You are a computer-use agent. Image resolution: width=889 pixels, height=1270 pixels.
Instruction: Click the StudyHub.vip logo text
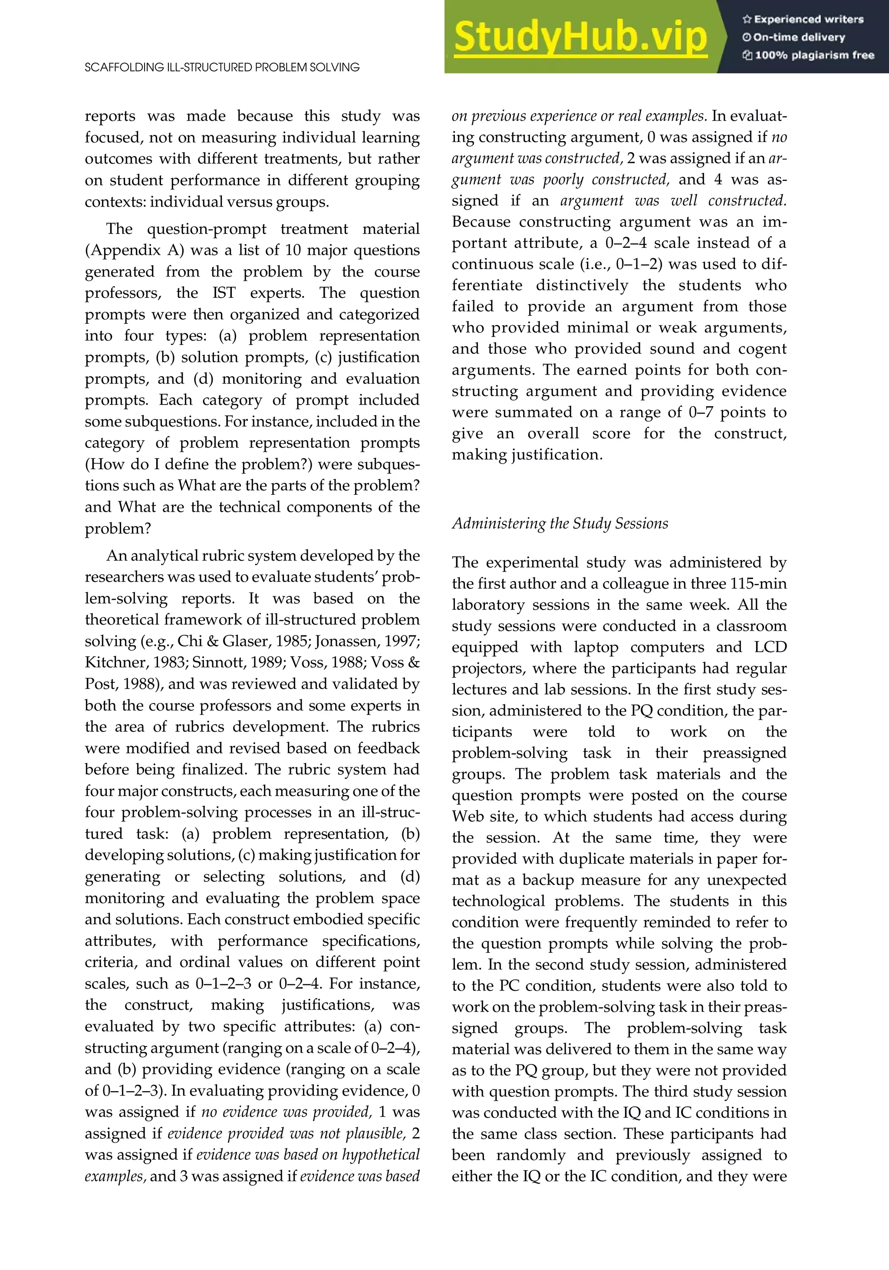click(580, 36)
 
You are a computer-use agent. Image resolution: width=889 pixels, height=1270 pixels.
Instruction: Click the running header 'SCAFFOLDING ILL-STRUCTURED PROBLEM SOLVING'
click(222, 67)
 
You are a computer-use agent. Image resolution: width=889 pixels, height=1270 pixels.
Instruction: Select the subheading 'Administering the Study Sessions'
click(560, 523)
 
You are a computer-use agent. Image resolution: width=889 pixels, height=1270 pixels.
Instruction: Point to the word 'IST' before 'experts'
click(224, 293)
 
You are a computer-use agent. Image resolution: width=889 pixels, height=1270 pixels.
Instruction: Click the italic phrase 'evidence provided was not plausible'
click(286, 1133)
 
